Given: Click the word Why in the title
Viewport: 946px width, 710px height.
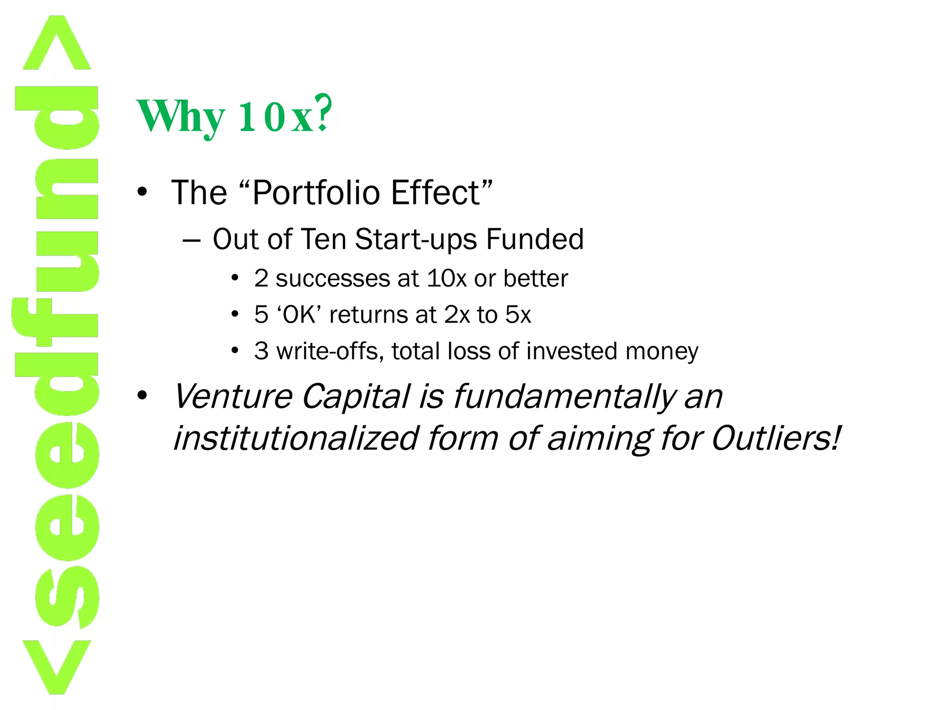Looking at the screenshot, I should pos(180,116).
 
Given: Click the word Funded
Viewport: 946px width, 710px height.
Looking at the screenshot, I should pos(535,239).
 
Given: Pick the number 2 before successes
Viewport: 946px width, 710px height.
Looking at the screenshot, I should pos(261,278).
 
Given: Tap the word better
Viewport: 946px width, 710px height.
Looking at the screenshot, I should pos(535,278).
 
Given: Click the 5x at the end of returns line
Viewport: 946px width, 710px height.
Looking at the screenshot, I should pos(518,315).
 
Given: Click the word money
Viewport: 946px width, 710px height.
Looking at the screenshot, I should pos(661,351).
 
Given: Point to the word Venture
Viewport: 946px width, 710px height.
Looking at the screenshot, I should pos(233,397).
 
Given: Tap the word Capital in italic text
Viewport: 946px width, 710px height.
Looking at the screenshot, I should pos(356,397).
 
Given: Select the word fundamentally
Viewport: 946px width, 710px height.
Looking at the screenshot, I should pos(564,397).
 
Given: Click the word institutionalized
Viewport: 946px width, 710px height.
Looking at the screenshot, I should pos(296,438).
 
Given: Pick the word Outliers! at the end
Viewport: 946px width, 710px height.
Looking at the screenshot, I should pos(776,438).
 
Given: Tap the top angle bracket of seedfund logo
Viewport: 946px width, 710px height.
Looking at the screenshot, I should pos(56,44).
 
